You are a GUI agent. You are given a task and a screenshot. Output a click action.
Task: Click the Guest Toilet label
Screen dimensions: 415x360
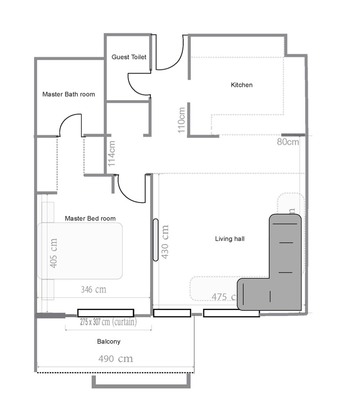pos(129,57)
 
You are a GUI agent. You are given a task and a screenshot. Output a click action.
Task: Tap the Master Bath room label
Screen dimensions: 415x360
pos(68,94)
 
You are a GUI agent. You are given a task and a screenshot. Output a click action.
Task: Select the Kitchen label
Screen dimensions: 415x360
pos(242,85)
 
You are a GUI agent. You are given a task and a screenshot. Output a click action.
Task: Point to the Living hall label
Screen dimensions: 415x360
pos(230,238)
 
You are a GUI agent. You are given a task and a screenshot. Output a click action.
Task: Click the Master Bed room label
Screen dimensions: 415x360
pos(90,218)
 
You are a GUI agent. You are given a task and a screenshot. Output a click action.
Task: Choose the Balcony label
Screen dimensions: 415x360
pos(109,342)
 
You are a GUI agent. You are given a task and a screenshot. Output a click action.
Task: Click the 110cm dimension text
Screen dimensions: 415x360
pos(181,120)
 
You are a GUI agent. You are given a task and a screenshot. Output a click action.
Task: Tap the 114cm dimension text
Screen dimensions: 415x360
pos(112,153)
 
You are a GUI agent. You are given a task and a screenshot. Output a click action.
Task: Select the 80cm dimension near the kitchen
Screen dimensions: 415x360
pos(288,142)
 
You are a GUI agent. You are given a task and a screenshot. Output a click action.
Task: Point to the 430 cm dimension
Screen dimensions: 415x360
pos(165,242)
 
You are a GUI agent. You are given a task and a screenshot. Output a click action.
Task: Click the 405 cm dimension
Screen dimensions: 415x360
pos(53,253)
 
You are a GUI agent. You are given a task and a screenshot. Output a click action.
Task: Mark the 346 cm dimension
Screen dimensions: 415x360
pos(94,290)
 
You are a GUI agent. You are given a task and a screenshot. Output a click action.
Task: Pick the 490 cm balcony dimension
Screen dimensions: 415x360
pos(116,359)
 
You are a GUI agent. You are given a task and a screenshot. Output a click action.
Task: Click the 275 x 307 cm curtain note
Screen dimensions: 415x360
pos(108,322)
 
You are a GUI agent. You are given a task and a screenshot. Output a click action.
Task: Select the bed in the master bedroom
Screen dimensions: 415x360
pos(80,251)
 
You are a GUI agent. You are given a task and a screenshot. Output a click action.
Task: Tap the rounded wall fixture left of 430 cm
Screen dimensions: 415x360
pos(156,240)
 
